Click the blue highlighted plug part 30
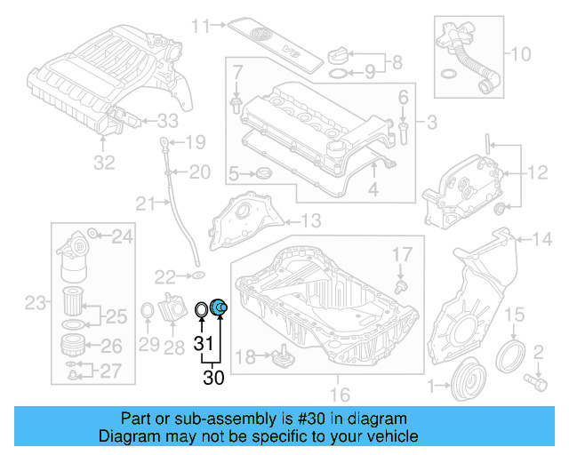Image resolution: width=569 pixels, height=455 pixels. pos(220,308)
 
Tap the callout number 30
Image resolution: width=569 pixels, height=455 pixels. pos(213,378)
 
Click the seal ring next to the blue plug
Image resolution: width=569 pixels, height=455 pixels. pos(203,309)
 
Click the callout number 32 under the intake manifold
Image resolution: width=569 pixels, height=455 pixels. pos(104,163)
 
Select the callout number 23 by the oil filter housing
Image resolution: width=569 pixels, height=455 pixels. pos(34,304)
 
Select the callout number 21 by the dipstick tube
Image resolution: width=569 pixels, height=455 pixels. pos(145,205)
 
